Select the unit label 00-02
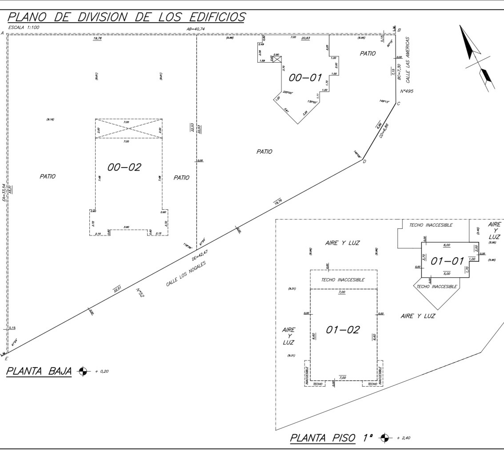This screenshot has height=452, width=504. (x=124, y=167)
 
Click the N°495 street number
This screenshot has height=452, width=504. (x=408, y=92)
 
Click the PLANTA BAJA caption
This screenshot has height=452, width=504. (x=39, y=371)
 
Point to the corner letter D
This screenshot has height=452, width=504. (x=364, y=161)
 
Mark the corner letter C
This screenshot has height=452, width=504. (x=399, y=104)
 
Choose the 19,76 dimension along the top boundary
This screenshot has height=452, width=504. (x=97, y=39)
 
